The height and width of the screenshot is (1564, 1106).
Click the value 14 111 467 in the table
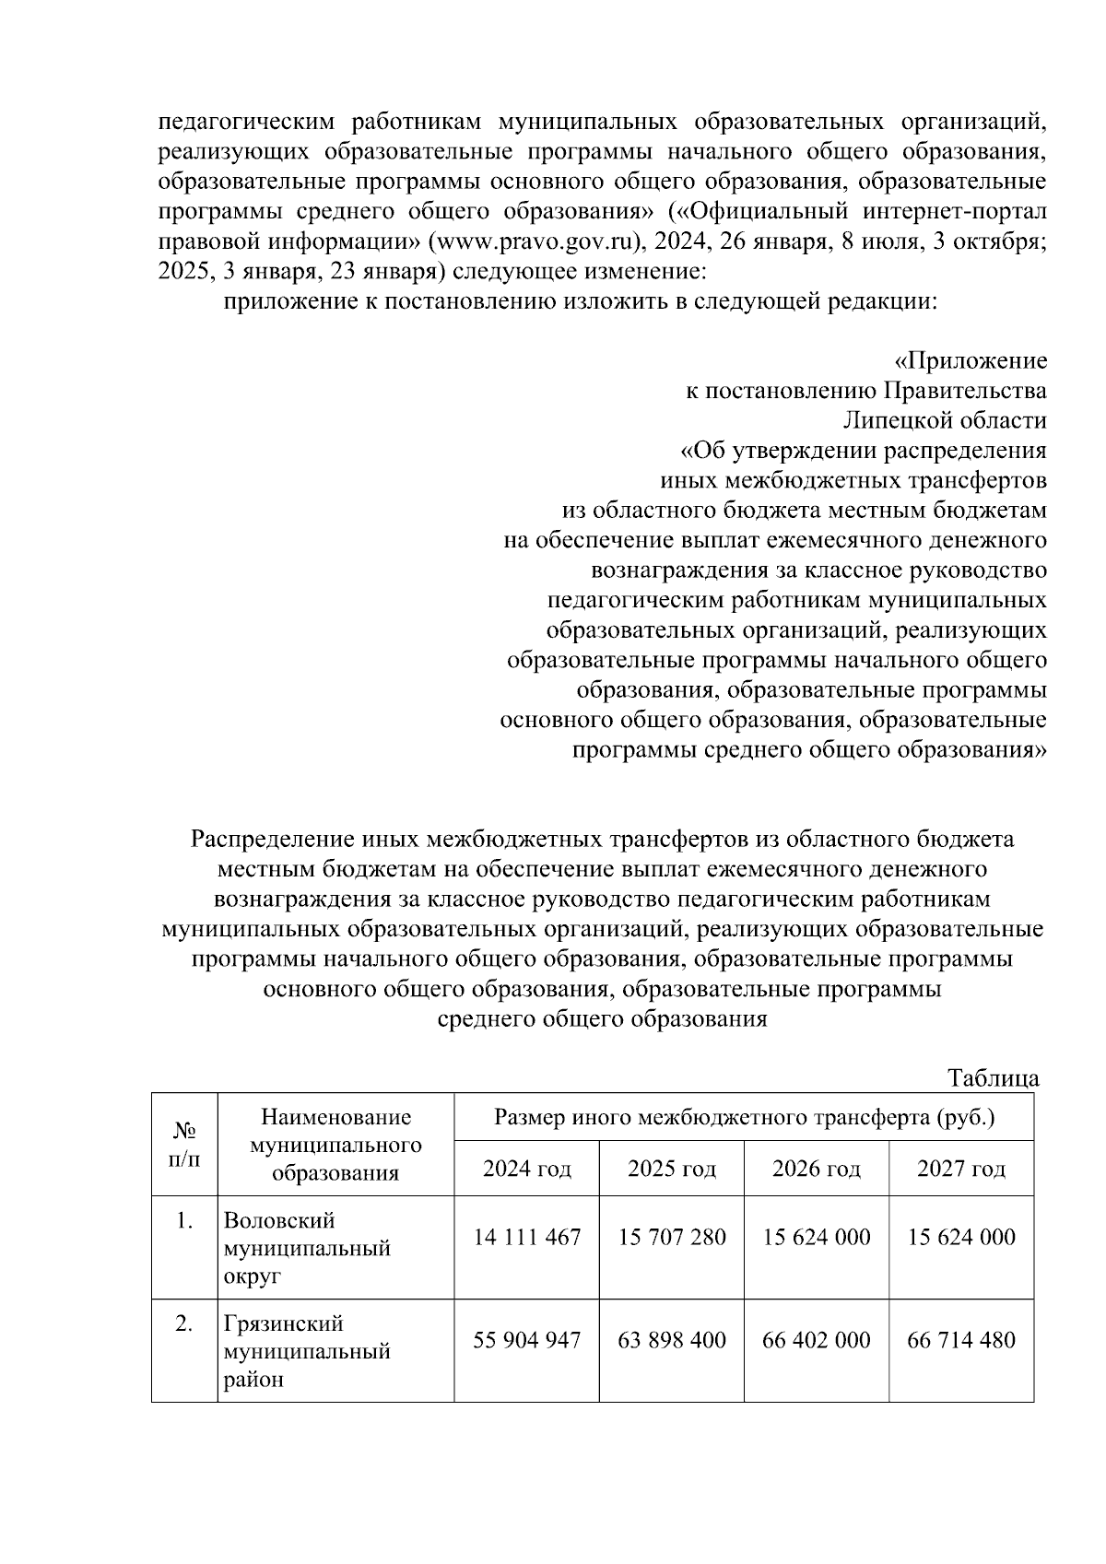pos(526,1237)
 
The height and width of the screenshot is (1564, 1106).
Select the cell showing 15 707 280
pos(671,1237)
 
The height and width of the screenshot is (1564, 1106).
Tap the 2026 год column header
pos(816,1169)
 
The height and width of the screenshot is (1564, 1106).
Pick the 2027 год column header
pos(960,1169)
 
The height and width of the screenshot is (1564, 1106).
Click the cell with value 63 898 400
pos(671,1339)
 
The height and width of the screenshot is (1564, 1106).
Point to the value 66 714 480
pos(960,1339)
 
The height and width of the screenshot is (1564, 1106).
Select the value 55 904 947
pos(526,1339)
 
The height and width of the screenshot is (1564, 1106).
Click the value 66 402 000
pos(816,1339)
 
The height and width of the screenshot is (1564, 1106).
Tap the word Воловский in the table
pos(279,1220)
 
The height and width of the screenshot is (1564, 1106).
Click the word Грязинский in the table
pos(285,1323)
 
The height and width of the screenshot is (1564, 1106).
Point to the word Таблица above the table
pos(994,1078)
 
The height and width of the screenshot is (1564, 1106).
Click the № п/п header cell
pos(184,1144)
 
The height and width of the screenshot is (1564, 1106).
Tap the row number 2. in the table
pos(184,1323)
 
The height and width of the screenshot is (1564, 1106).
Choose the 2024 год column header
pos(526,1169)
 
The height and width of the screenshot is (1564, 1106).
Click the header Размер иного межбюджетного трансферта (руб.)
pos(744,1118)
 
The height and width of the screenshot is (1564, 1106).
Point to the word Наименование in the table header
pos(335,1118)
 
